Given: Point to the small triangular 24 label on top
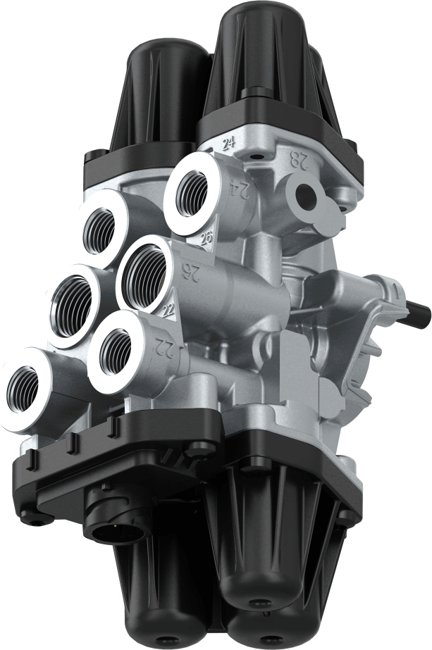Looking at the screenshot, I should pyautogui.click(x=228, y=145).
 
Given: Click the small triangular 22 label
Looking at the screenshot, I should pyautogui.click(x=168, y=311).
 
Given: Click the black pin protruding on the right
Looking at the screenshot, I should pyautogui.click(x=417, y=308).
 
